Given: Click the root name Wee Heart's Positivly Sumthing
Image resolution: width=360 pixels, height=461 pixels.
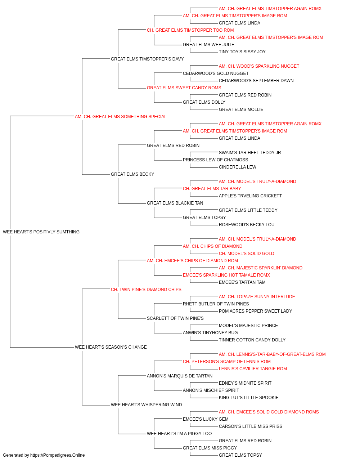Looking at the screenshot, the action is (41, 232).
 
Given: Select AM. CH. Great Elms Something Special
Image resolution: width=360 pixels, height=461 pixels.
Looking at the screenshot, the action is (121, 117).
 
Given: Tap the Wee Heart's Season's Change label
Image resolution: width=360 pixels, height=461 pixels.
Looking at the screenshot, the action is (111, 347).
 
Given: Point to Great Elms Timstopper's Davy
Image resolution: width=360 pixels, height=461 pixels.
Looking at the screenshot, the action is (147, 59).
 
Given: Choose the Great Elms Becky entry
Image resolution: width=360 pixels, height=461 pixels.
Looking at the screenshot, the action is (132, 174).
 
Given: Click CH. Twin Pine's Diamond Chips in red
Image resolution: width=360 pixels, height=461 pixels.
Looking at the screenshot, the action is (146, 290).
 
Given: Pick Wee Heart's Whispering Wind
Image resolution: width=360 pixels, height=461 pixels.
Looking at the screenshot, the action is (146, 405).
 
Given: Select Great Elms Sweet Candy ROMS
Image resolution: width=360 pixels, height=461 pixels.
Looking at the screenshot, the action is (184, 88).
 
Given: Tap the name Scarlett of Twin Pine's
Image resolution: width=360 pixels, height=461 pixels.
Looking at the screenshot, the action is (175, 318).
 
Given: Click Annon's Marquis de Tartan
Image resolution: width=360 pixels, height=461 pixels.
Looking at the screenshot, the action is (179, 376).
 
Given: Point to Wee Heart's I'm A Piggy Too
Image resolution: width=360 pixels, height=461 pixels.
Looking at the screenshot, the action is (179, 434).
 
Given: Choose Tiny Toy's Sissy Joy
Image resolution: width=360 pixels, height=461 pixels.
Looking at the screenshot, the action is (242, 52).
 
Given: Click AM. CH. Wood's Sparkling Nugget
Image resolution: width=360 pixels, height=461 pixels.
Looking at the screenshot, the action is (259, 66).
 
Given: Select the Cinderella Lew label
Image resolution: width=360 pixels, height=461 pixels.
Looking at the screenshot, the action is (238, 167).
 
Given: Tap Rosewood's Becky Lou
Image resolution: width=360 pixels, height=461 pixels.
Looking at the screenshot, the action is (247, 225).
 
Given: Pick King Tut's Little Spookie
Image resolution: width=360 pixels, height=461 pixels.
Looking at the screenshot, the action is (248, 398).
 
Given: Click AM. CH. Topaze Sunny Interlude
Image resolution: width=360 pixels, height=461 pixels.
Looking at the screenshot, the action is (257, 296).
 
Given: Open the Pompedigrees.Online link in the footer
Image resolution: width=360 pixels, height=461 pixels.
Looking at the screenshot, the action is (57, 455).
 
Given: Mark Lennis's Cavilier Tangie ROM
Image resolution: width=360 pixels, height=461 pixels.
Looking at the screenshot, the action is (253, 369).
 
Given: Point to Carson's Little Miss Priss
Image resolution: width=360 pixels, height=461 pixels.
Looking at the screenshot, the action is (251, 426).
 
